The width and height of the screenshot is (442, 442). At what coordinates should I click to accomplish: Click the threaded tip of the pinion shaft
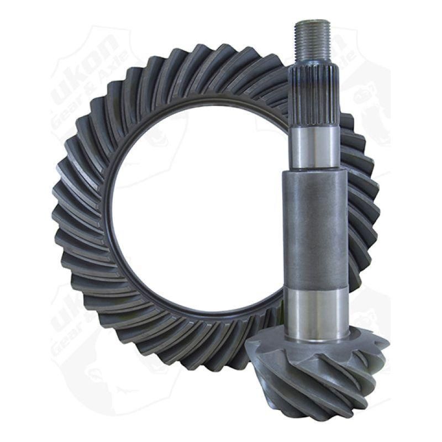pos(313,39)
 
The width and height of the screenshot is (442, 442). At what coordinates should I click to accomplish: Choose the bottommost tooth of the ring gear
pos(199,359)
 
